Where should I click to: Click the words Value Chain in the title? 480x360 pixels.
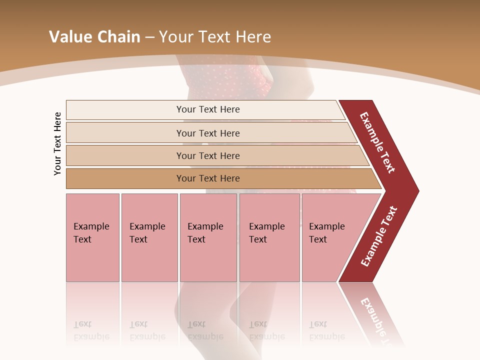tap(94, 37)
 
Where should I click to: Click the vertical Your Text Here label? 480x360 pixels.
tap(57, 143)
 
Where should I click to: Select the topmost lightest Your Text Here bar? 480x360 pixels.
tap(208, 109)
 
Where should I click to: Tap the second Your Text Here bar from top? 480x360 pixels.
tap(208, 133)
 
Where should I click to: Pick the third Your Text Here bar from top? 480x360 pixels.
tap(208, 155)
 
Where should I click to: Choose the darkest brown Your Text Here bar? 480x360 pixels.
tap(208, 178)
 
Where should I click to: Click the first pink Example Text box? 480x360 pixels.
tap(92, 237)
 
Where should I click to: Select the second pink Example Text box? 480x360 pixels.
tap(149, 237)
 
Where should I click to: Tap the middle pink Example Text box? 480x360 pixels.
tap(208, 237)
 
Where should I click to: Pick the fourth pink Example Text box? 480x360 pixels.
tap(269, 237)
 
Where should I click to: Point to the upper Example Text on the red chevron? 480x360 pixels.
tap(377, 142)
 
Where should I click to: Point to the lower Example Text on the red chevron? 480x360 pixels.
tap(379, 236)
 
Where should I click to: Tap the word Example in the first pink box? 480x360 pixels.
tap(91, 226)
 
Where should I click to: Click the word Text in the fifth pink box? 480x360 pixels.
tap(318, 239)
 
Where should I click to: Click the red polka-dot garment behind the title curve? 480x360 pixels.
tap(225, 80)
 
